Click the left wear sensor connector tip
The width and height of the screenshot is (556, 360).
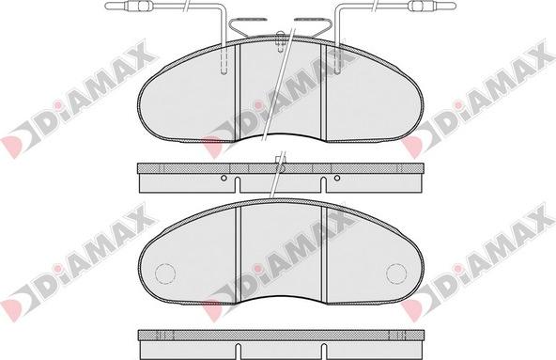coord(107,6)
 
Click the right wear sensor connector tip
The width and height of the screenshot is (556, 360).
coord(455,6)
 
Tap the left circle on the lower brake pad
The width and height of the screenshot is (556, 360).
coord(165,274)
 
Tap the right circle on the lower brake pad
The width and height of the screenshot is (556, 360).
coord(396,274)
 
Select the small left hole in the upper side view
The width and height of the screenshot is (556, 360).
coord(224,178)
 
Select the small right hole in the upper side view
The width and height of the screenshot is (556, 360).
coord(337,178)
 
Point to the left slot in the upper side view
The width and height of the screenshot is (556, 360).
coord(238,184)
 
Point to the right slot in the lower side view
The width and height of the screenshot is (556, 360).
coord(323,352)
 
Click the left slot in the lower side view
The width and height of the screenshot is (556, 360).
coord(238,352)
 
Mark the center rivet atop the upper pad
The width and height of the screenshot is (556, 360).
coord(281,41)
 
